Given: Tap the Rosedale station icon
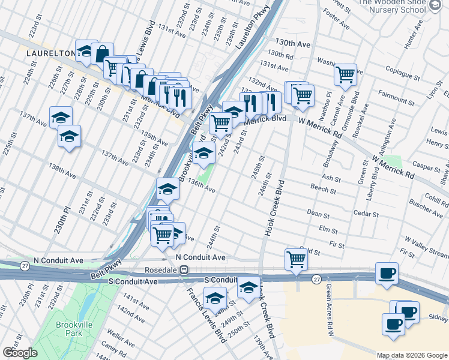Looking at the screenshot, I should pos(186,270).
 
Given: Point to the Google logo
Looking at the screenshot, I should pos(19,353).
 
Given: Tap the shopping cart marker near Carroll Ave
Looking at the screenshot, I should pos(345,74).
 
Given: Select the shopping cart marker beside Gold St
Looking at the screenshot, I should pos(297,259).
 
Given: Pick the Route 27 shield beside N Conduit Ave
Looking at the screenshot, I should pos(25,265).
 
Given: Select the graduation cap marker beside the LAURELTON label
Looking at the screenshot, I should pos(86,51).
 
